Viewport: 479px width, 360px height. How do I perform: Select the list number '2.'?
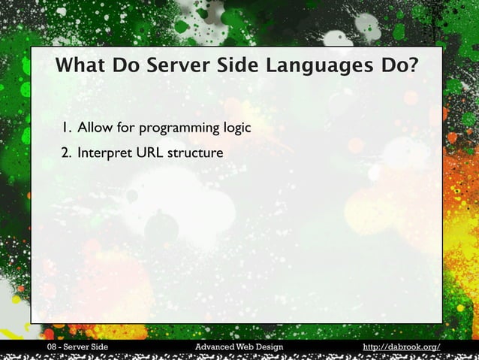pyautogui.click(x=67, y=153)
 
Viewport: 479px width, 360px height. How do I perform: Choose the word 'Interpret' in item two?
pyautogui.click(x=104, y=153)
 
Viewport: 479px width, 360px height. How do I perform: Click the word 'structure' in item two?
pyautogui.click(x=195, y=153)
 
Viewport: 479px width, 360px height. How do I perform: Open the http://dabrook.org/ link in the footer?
pyautogui.click(x=401, y=346)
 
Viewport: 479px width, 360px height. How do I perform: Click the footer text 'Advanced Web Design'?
pyautogui.click(x=239, y=346)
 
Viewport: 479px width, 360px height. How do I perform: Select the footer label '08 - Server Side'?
pyautogui.click(x=77, y=346)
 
